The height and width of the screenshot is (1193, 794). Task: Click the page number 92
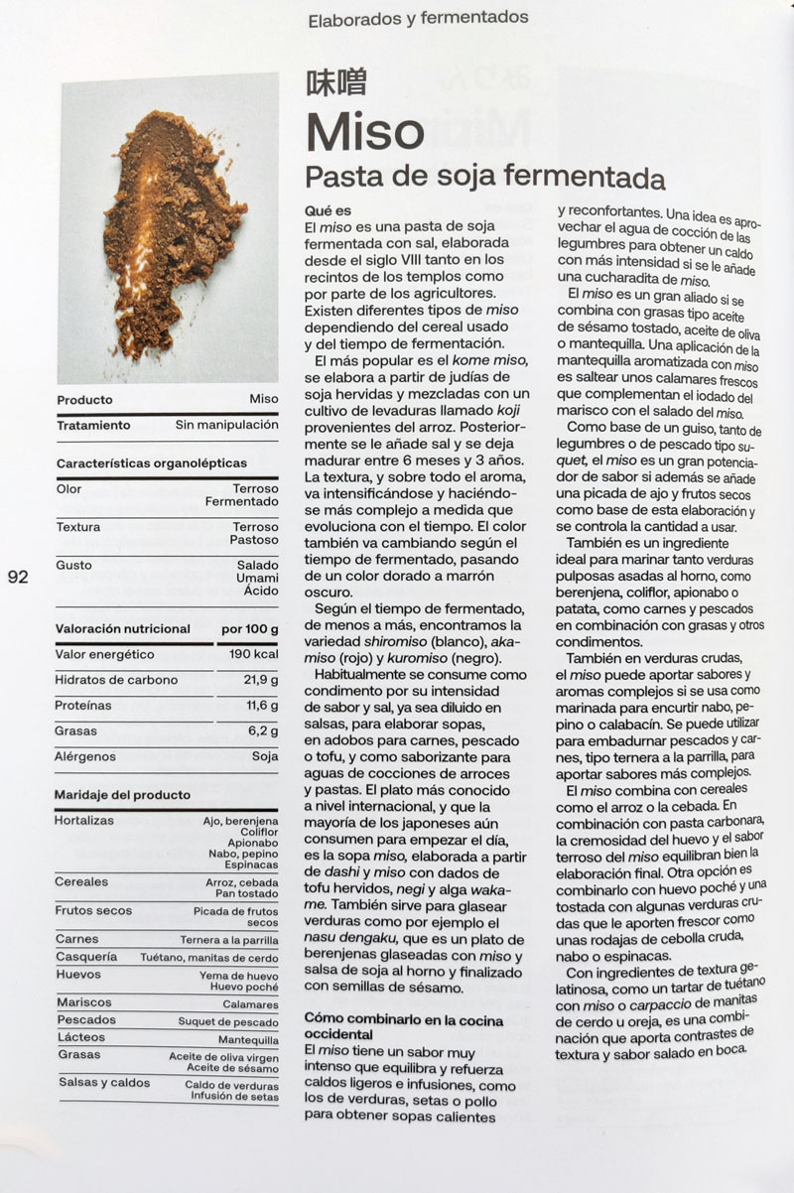tap(18, 578)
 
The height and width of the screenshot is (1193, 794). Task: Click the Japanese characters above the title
tap(335, 82)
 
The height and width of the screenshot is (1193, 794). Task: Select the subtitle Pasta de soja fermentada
tap(483, 178)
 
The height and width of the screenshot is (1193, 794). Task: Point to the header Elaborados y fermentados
tap(418, 18)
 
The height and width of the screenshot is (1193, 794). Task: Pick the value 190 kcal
tap(253, 655)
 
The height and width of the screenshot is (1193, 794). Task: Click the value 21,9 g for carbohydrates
tap(261, 680)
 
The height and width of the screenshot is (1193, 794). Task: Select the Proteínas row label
tap(84, 706)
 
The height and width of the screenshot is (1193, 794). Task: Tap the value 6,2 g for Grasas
tap(263, 731)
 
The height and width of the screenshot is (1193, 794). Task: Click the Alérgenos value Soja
tap(265, 757)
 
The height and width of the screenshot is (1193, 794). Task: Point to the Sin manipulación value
tap(227, 425)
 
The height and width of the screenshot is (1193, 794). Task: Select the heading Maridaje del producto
tap(123, 795)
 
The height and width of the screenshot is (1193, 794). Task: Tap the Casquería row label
tap(86, 957)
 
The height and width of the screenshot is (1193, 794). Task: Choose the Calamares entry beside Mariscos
tap(251, 1004)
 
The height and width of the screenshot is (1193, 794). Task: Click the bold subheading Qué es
tap(328, 211)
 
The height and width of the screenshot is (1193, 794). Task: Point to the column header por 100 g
tap(249, 629)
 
